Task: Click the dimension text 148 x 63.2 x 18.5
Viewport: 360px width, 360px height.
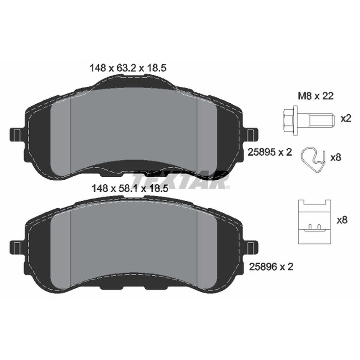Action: (127, 68)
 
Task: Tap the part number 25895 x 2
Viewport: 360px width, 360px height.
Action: (270, 151)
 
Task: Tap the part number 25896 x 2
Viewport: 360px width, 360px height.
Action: (270, 267)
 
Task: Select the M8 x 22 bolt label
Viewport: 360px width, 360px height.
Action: (316, 96)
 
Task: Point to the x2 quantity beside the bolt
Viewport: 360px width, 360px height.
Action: (345, 119)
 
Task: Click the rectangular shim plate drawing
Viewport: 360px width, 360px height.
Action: (314, 221)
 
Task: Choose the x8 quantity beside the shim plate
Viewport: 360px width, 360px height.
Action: (342, 220)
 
